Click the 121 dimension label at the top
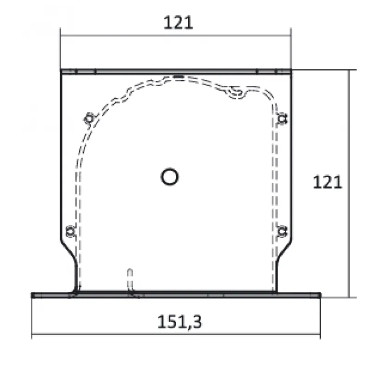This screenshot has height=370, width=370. click(178, 22)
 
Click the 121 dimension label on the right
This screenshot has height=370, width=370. click(327, 182)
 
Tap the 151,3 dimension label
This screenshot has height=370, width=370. click(179, 322)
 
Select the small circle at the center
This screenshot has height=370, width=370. click(169, 177)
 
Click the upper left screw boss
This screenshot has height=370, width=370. click(89, 118)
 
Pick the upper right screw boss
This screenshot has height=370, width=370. click(282, 118)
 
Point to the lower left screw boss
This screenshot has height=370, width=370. click(70, 232)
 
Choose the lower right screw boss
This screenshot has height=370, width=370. click(282, 231)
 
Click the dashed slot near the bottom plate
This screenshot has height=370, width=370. click(130, 280)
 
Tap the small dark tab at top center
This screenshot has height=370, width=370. click(179, 76)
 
